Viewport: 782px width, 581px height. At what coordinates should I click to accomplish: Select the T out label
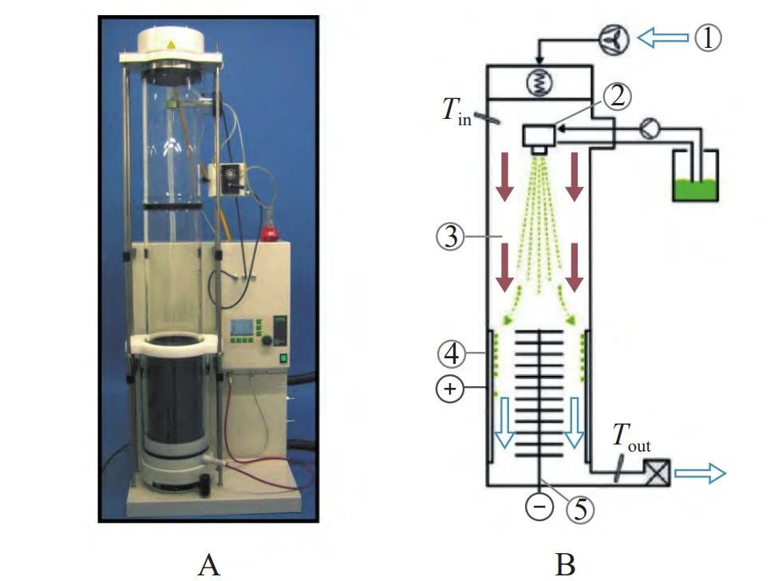pyautogui.click(x=630, y=439)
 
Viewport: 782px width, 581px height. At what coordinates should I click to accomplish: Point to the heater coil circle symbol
pyautogui.click(x=539, y=80)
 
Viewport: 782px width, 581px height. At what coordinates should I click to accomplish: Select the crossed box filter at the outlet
pyautogui.click(x=658, y=474)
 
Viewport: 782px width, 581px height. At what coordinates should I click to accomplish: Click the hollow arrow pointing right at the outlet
pyautogui.click(x=700, y=475)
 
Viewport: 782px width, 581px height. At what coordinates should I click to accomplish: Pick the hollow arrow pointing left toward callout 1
pyautogui.click(x=663, y=38)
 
